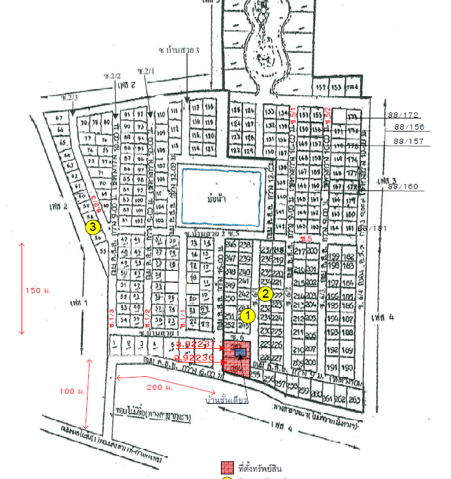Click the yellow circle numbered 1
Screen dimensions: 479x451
click(247, 315)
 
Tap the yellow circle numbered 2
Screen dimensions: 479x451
click(265, 293)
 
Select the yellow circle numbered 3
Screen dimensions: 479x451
click(93, 227)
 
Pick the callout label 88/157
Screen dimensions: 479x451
click(409, 141)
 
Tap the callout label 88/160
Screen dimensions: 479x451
click(403, 186)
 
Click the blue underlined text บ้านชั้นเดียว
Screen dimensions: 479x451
click(226, 400)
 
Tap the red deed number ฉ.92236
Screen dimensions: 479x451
click(196, 358)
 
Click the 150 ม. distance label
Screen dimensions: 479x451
click(33, 289)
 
